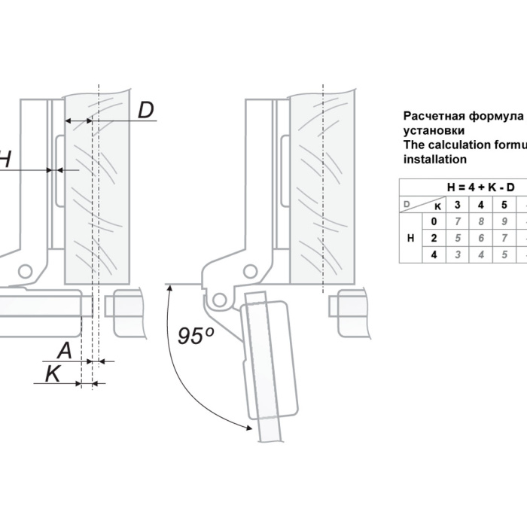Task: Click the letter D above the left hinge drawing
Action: point(146,110)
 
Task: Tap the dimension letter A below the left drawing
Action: point(65,349)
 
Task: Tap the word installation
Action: point(435,160)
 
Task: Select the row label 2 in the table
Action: point(434,238)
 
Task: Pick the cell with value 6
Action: point(481,238)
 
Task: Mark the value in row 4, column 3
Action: point(457,254)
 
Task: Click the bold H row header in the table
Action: point(410,238)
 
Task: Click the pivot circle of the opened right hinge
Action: point(219,299)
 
